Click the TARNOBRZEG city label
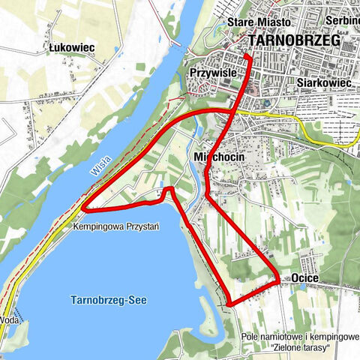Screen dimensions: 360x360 click(x=293, y=41)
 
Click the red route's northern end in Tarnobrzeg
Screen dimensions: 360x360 click(x=247, y=56)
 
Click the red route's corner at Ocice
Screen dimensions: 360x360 click(x=278, y=280)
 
